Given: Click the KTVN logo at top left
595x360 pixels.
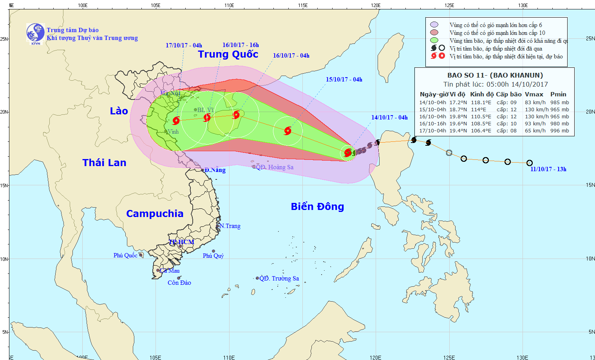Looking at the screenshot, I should (35, 33).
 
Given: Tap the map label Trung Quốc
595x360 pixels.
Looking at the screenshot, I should (228, 54).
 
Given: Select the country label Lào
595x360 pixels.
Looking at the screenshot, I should (119, 111).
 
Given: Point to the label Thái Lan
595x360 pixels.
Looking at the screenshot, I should (104, 163).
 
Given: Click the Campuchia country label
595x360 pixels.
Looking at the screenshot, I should (155, 214).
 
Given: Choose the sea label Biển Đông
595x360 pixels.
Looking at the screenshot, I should (317, 207).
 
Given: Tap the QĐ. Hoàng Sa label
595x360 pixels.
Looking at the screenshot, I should (274, 167).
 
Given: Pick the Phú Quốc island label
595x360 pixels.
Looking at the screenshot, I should (125, 255).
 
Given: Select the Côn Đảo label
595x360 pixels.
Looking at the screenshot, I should (179, 283).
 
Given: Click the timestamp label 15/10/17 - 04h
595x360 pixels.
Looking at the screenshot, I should (344, 80).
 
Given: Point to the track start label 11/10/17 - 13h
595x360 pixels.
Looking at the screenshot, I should (548, 169).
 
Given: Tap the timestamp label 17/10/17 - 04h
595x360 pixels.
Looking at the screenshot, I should (184, 45).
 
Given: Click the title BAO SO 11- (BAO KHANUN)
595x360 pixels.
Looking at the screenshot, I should (495, 75).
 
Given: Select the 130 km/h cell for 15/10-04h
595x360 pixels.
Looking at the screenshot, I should (535, 110).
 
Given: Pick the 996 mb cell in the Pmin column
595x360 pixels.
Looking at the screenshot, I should (559, 131).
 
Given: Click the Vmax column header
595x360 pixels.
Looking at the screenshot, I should (534, 94).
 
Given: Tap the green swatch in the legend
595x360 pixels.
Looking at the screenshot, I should (434, 40).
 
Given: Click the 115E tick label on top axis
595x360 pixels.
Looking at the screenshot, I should (302, 5).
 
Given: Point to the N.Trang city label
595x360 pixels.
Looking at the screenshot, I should (230, 226).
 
